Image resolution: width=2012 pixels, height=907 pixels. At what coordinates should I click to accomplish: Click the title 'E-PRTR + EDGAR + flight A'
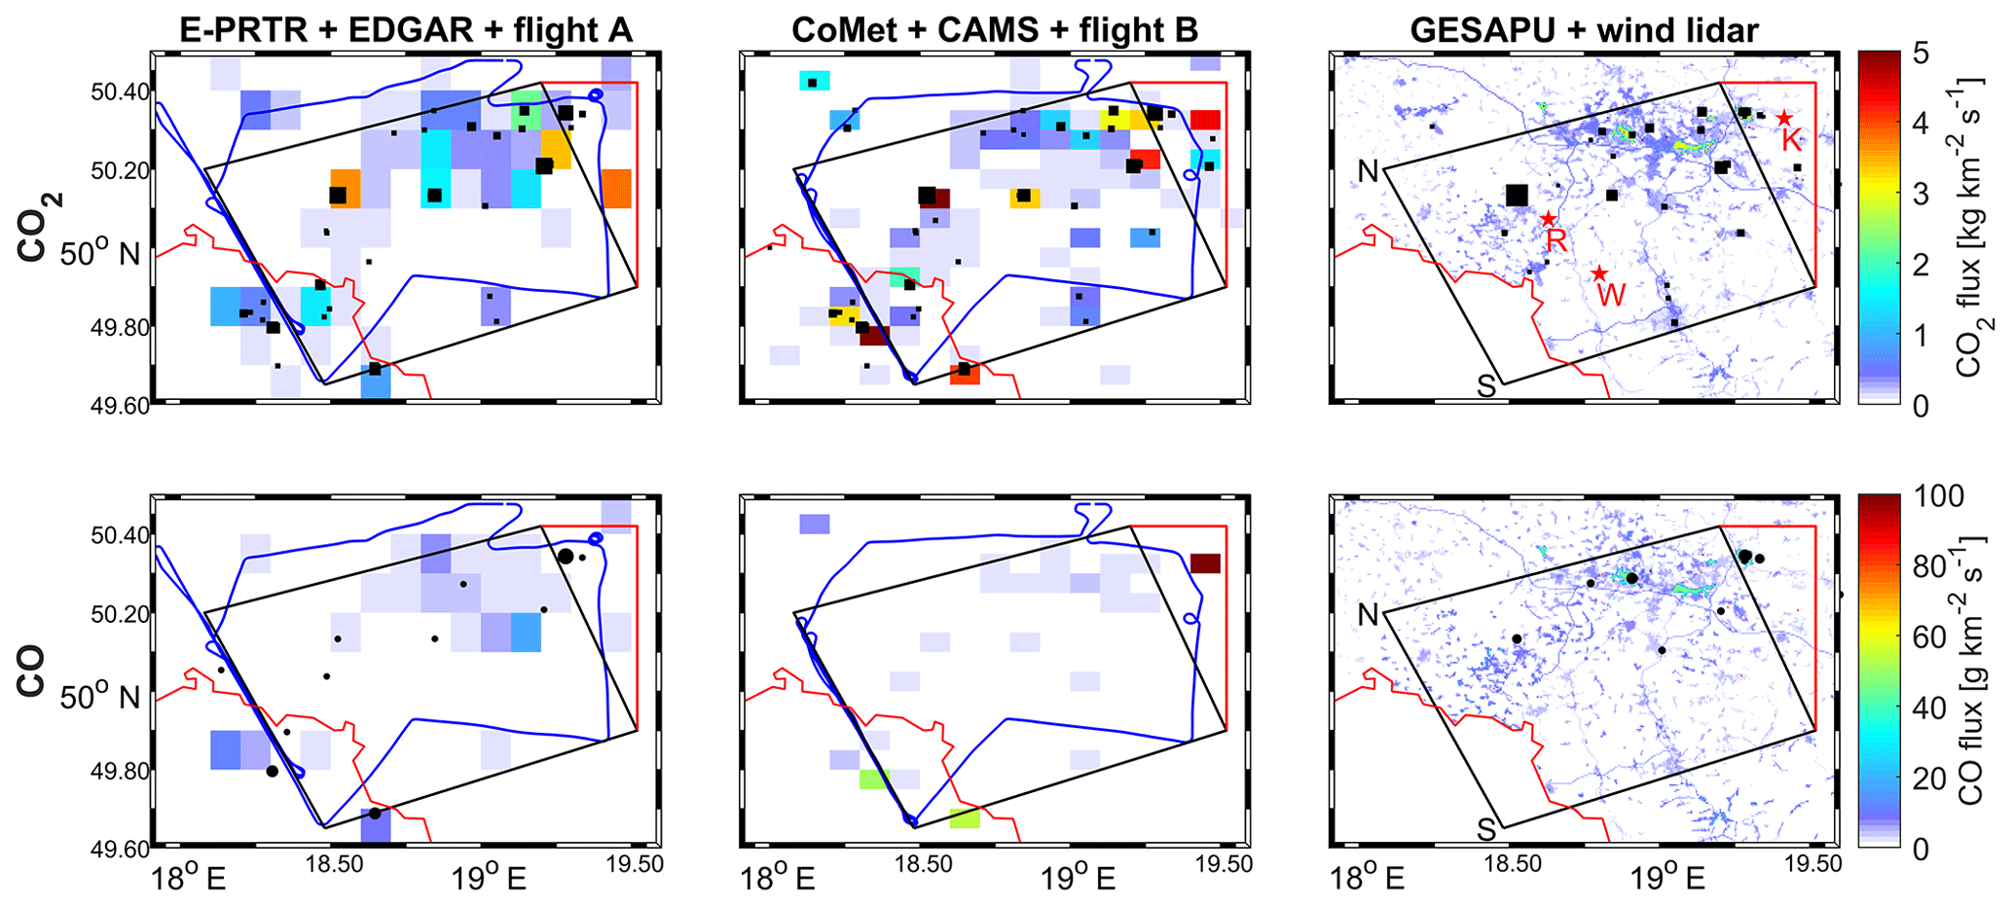tap(406, 30)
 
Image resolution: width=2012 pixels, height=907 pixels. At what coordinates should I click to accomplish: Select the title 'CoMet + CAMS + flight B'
tap(994, 30)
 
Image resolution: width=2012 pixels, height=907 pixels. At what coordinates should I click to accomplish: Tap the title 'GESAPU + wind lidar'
tap(1584, 30)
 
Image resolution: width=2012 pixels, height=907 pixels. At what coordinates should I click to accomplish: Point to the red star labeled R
tap(1549, 219)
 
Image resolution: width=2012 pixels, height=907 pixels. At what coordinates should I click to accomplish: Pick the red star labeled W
tap(1598, 274)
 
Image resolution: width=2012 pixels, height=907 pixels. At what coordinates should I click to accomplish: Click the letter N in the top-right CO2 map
tap(1368, 171)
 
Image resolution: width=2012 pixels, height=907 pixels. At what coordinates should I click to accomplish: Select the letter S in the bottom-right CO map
tap(1486, 829)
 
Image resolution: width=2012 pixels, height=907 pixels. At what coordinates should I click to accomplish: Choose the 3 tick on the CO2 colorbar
tap(1921, 194)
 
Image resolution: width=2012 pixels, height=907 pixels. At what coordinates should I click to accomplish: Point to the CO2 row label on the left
tap(33, 228)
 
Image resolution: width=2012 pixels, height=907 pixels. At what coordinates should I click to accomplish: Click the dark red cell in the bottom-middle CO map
tap(1205, 563)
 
